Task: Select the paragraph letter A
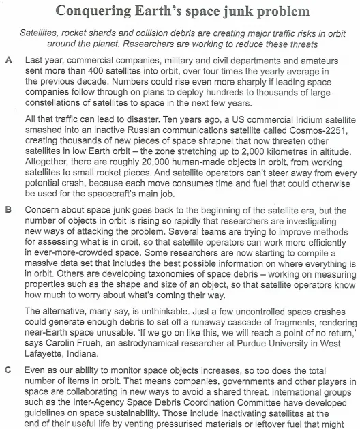tap(8, 61)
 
